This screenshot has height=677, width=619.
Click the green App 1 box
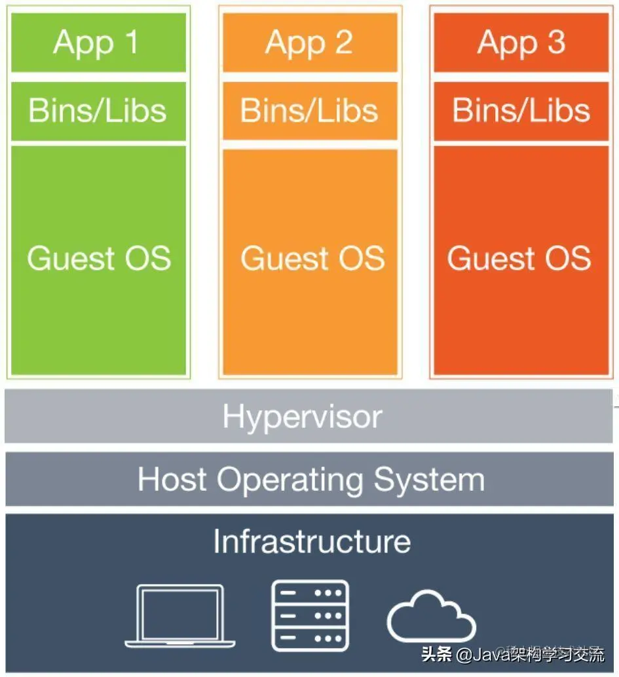[x=99, y=43]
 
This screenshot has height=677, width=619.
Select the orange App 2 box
[x=310, y=43]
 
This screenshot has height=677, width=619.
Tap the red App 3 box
[x=521, y=43]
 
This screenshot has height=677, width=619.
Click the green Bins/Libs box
[x=99, y=111]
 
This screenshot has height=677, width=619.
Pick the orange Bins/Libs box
[x=310, y=111]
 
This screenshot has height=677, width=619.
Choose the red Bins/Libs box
[x=521, y=111]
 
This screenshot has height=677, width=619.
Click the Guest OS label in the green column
[x=99, y=258]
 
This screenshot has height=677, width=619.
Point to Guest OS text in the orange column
[x=312, y=258]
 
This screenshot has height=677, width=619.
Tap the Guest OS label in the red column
[x=519, y=258]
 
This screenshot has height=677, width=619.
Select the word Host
[x=172, y=479]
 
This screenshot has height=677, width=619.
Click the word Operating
[x=290, y=480]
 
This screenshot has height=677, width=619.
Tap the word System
[x=429, y=479]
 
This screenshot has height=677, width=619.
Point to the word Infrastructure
[x=312, y=541]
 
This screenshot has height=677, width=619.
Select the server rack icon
[x=310, y=615]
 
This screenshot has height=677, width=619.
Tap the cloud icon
[x=430, y=617]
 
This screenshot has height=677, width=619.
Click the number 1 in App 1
[x=131, y=43]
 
